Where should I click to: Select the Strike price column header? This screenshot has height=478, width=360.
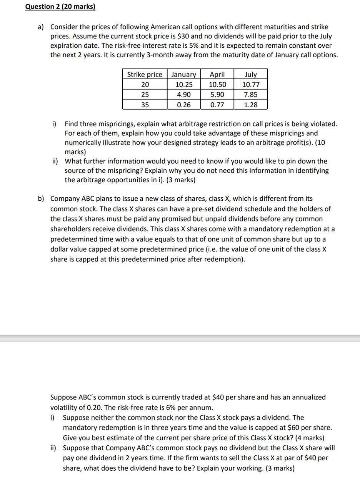point(145,74)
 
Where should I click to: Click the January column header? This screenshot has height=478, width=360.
point(183,74)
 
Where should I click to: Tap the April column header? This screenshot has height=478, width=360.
point(217,74)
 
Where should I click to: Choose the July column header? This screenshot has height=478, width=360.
point(251,74)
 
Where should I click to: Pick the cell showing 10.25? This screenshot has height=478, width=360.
point(183,85)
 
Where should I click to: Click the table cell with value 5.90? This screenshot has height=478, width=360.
point(217,95)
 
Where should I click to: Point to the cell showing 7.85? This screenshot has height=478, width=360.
point(251,95)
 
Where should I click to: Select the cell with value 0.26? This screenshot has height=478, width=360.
point(183,105)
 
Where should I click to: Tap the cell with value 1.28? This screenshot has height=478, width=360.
point(251,105)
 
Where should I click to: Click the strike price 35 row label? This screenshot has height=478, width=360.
point(145,105)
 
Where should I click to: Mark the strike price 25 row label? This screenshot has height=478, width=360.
point(145,95)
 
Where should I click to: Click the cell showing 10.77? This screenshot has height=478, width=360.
point(251,85)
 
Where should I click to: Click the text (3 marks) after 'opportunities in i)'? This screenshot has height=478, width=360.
point(180,180)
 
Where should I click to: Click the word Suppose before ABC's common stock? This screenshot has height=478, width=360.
point(63,397)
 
